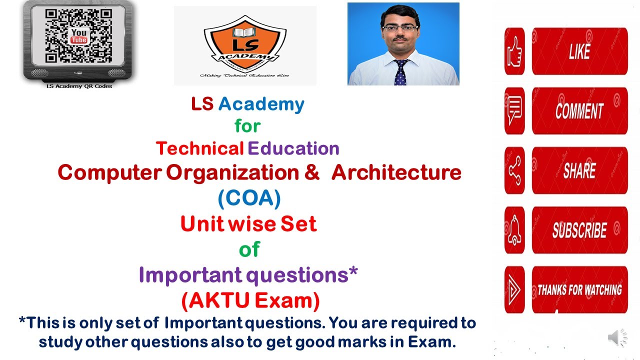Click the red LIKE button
[x=579, y=51]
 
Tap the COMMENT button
[x=579, y=110]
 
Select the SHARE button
[x=579, y=170]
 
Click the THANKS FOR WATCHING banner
[x=579, y=289]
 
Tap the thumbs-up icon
[x=514, y=51]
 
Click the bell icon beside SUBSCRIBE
[x=514, y=230]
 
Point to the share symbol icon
[x=514, y=170]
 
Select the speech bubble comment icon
[x=514, y=110]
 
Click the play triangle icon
[x=514, y=289]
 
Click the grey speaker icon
[x=617, y=338]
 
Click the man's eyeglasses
[x=400, y=28]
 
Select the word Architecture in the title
[x=396, y=172]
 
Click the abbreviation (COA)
[x=249, y=198]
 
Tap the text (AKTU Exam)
[x=250, y=300]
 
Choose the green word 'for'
[x=247, y=126]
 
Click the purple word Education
[x=293, y=148]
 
